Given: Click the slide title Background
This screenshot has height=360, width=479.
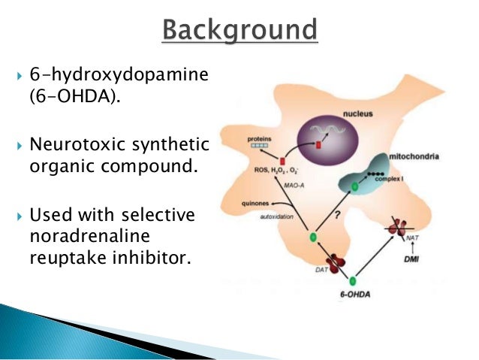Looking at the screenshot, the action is click(x=239, y=31).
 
